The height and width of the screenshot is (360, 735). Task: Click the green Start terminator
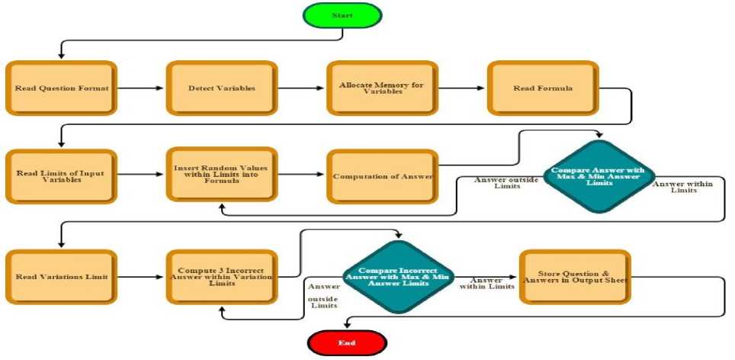pos(342,16)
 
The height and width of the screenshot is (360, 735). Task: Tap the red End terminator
pos(346,342)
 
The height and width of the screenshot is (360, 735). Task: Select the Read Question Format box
pos(61,88)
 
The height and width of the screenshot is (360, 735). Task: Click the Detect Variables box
pos(221,88)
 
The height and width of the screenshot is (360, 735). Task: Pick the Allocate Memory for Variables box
pos(381,88)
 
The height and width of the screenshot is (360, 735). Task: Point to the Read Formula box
pos(542,88)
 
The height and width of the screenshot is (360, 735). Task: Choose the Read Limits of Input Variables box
pos(61,175)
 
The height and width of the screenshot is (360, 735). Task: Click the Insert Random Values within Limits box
pos(221,175)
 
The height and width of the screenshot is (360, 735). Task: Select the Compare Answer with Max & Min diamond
pos(598,175)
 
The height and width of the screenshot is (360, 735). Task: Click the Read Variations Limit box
pos(61,276)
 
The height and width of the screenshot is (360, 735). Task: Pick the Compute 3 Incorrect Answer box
pos(221,276)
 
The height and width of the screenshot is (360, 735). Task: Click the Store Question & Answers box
pos(575,276)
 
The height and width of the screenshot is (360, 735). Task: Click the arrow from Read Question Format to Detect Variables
pos(141,88)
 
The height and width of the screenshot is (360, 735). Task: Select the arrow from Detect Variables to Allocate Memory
pos(301,88)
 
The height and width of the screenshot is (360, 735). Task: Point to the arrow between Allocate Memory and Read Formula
pos(462,88)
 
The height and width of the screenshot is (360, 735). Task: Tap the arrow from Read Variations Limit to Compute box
pos(141,276)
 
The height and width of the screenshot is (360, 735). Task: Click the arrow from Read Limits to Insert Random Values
pos(141,175)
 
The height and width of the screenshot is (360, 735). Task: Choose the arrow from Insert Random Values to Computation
pos(301,175)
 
